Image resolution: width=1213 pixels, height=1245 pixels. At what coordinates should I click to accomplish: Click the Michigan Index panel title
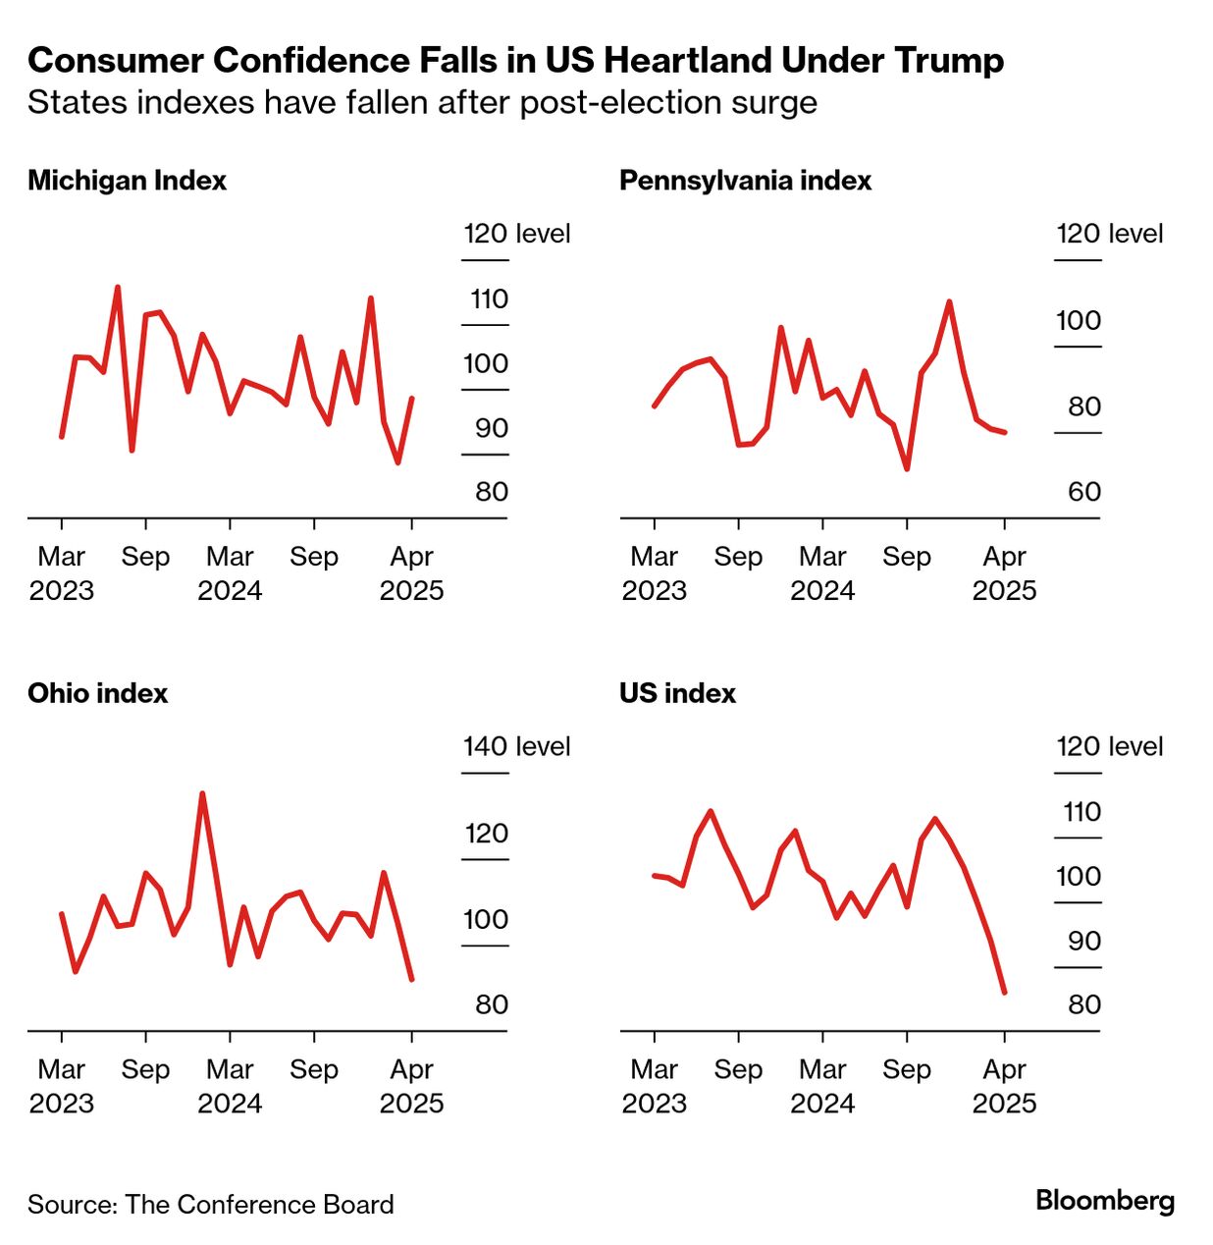point(127,181)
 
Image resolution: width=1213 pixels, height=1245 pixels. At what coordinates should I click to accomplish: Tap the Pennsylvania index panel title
point(745,181)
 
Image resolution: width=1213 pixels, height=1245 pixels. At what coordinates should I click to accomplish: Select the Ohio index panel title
point(97,693)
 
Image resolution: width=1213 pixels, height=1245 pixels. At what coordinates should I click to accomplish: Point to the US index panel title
point(677,693)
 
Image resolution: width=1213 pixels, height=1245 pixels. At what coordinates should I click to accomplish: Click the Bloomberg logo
point(1104,1200)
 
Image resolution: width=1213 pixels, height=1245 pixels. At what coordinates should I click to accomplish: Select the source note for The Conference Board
point(210,1205)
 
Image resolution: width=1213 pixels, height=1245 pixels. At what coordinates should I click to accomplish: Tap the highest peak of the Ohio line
point(202,793)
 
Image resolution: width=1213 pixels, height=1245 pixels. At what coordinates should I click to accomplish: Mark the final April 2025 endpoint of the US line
point(1004,992)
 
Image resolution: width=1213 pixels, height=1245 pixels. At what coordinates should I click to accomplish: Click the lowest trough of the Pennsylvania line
point(907,468)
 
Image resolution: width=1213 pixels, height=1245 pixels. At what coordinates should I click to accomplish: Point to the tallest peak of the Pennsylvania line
point(949,301)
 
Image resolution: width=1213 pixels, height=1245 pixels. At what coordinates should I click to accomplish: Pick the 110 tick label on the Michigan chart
point(489,299)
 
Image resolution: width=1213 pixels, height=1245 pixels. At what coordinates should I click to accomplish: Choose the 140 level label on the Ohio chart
point(516,746)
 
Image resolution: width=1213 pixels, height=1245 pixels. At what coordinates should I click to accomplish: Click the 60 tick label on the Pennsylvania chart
point(1083,492)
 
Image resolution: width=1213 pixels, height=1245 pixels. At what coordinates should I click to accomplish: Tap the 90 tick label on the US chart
point(1083,941)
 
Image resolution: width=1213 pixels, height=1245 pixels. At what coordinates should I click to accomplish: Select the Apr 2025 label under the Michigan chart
point(411,573)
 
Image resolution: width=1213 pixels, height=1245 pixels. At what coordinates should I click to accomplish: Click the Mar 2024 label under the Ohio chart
point(230,1086)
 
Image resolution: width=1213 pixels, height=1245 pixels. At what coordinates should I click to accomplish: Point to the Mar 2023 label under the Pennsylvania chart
point(654,573)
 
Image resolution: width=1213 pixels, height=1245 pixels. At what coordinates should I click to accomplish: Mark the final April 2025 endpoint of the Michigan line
point(411,399)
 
